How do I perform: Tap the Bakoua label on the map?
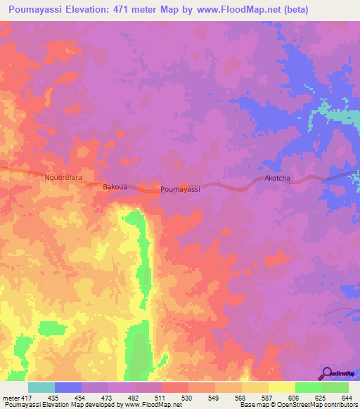[x=115, y=188]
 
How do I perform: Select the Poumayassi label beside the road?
[x=181, y=190]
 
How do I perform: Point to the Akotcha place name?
[x=277, y=178]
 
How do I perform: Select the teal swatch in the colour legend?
[x=41, y=388]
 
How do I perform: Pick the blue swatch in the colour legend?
[x=68, y=388]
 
